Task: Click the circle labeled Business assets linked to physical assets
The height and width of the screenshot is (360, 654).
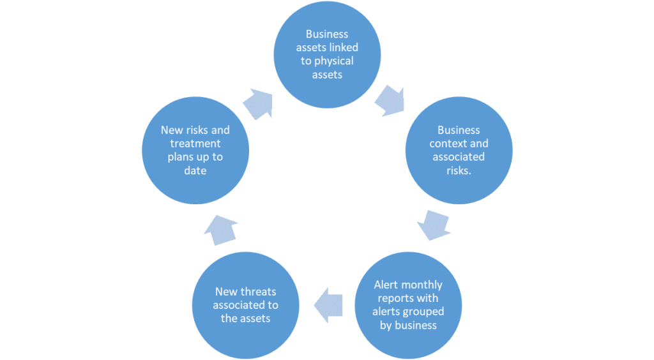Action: (327, 54)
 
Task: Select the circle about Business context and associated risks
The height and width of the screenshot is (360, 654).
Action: (459, 150)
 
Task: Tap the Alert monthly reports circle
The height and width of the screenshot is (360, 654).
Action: (408, 304)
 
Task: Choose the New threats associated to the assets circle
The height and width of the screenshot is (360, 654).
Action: (246, 304)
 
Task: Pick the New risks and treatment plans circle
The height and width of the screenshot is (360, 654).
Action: (195, 150)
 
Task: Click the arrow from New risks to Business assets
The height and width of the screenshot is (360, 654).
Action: (258, 102)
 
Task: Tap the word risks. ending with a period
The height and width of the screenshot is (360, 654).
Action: (459, 170)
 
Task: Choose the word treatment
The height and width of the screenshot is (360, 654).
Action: (195, 144)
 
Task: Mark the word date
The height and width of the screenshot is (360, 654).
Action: (195, 170)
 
